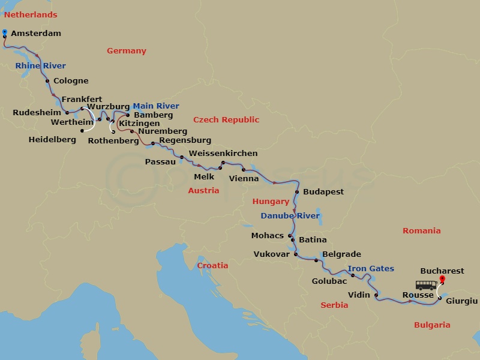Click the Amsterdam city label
pyautogui.click(x=36, y=34)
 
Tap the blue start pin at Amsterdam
pyautogui.click(x=5, y=33)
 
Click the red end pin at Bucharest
pyautogui.click(x=443, y=279)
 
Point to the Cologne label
pyautogui.click(x=71, y=81)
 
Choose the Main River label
pyautogui.click(x=156, y=106)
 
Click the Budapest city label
pyautogui.click(x=324, y=192)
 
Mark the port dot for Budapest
pyautogui.click(x=296, y=192)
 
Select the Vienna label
pyautogui.click(x=244, y=179)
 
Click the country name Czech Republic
pyautogui.click(x=226, y=120)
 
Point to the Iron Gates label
pyautogui.click(x=371, y=269)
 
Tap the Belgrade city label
pyautogui.click(x=341, y=254)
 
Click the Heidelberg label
pyautogui.click(x=52, y=140)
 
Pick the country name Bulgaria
pyautogui.click(x=432, y=325)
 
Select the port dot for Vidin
pyautogui.click(x=376, y=295)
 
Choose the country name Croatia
pyautogui.click(x=213, y=265)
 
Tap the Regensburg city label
pyautogui.click(x=185, y=140)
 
